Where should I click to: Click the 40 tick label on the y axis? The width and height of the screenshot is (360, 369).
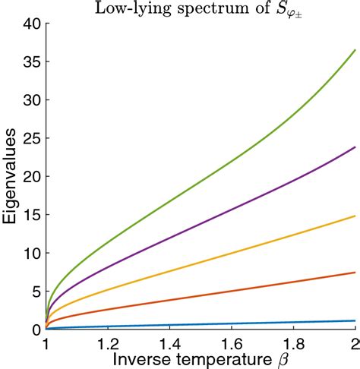30,24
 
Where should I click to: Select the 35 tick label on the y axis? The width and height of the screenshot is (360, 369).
30,62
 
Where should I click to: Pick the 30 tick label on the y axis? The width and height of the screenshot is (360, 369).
30,100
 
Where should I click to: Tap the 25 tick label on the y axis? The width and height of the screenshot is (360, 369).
30,139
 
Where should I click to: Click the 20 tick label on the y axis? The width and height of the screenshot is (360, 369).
30,177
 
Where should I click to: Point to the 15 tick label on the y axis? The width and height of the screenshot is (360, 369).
30,215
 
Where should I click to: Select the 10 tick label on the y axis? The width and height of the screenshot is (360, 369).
30,253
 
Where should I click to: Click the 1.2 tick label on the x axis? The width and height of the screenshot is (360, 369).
108,342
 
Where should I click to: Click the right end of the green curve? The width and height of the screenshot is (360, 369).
355,51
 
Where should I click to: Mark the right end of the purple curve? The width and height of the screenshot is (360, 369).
355,147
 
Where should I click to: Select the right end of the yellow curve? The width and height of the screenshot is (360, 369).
355,216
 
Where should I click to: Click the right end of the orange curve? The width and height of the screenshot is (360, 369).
355,273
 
